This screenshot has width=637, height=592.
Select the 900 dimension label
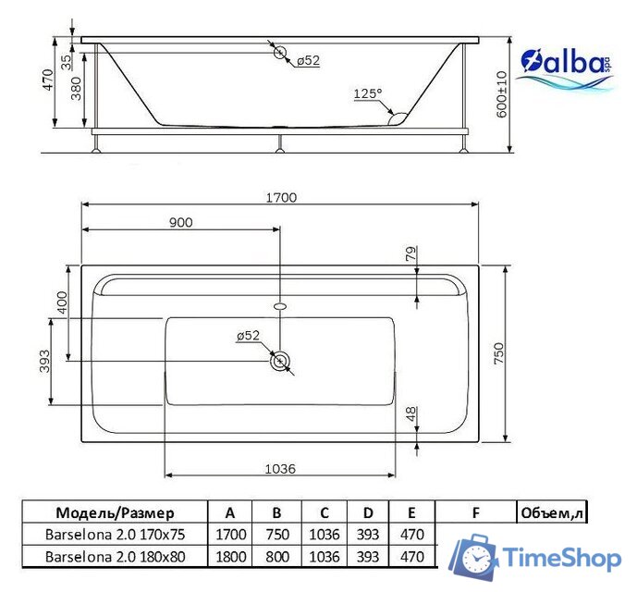click(x=181, y=222)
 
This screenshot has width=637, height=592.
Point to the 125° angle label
click(x=367, y=93)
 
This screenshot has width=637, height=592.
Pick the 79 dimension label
click(x=410, y=253)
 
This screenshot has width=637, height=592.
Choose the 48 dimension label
click(x=410, y=415)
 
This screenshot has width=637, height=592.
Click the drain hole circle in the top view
click(x=280, y=361)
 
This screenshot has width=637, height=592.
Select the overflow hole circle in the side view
click(x=280, y=53)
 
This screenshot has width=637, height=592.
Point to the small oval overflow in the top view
click(x=280, y=302)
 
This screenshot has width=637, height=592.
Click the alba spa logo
click(x=565, y=68)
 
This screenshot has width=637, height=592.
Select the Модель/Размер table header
click(x=115, y=512)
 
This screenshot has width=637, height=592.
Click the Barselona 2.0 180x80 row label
click(x=115, y=556)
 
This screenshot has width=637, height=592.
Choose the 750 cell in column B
click(x=277, y=534)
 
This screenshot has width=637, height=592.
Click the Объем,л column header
click(x=552, y=512)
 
